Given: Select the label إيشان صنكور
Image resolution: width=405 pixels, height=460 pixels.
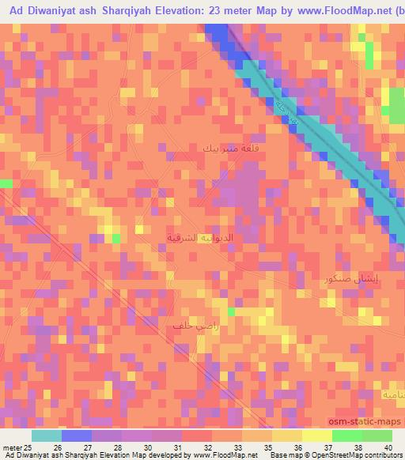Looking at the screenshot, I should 350,280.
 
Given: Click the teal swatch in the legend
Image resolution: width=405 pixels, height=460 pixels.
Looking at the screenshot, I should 46,435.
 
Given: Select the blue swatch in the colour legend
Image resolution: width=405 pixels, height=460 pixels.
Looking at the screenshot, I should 76,435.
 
